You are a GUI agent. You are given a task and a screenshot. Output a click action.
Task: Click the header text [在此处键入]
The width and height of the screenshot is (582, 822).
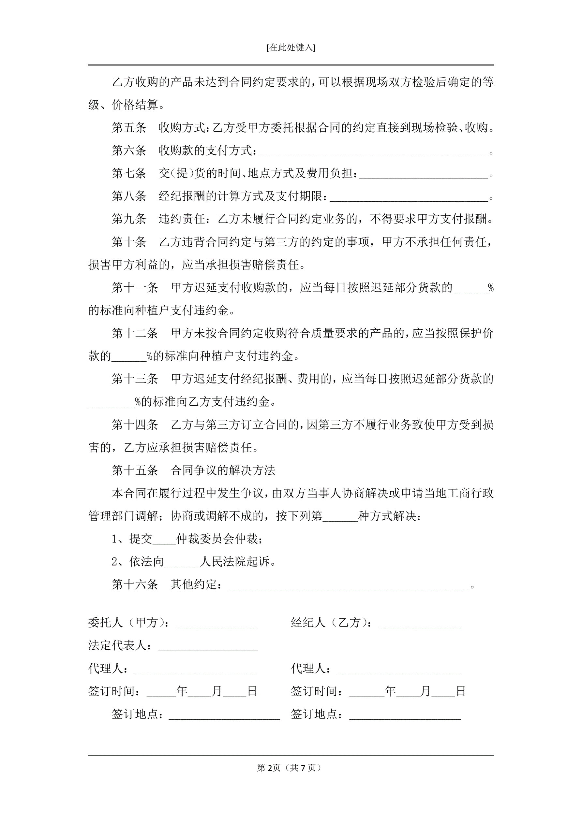pyautogui.click(x=291, y=48)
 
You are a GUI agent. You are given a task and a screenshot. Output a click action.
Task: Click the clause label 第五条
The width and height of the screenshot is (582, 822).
pyautogui.click(x=129, y=128)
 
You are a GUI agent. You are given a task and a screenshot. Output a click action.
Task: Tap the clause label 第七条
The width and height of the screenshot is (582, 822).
pyautogui.click(x=129, y=174)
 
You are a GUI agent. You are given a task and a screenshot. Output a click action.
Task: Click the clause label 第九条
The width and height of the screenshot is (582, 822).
pyautogui.click(x=129, y=219)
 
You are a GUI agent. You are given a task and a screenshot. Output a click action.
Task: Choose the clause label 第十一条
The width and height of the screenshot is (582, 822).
pyautogui.click(x=135, y=287)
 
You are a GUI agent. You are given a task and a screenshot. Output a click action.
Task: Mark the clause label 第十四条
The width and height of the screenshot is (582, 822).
pyautogui.click(x=135, y=425)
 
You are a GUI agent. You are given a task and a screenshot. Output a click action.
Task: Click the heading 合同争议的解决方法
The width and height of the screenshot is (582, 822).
pyautogui.click(x=223, y=470)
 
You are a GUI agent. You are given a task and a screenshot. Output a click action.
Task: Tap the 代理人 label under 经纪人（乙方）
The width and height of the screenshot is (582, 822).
pyautogui.click(x=310, y=669)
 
